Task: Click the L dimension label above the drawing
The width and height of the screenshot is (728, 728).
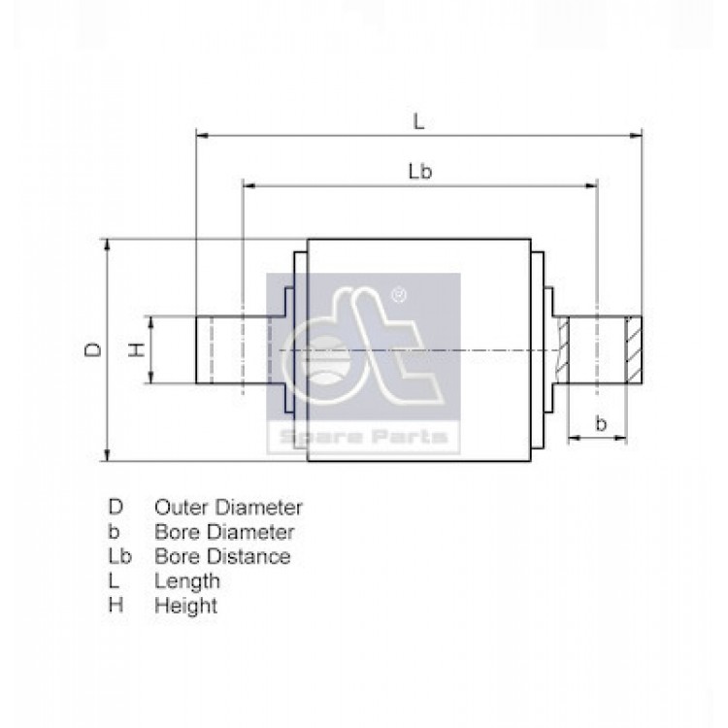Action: coord(418,122)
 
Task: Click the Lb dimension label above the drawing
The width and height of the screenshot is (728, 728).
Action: coord(420,172)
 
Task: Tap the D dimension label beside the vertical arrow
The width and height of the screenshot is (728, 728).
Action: coord(93,350)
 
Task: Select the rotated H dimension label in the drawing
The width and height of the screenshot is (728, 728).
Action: coord(137,350)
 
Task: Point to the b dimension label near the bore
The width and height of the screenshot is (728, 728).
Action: coord(601,423)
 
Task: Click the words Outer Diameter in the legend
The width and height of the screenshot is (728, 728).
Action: coord(228,508)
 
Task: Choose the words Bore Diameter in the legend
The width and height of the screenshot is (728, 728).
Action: coord(225,532)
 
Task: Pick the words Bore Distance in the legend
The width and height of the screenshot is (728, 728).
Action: coord(223,556)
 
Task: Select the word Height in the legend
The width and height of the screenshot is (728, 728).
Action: coord(185,607)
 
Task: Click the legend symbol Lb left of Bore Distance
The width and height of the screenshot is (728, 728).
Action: coord(119,556)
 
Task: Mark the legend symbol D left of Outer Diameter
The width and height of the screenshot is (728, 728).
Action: coord(116,507)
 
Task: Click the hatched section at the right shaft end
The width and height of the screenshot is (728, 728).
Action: coord(634,350)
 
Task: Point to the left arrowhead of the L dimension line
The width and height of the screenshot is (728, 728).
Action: coord(203,136)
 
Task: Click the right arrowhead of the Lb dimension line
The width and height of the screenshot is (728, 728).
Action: coord(590,185)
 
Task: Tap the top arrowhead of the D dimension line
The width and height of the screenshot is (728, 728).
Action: coord(107,247)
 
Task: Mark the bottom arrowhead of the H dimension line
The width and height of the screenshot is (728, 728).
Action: coord(150,377)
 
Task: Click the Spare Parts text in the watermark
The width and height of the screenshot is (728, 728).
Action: coord(364,438)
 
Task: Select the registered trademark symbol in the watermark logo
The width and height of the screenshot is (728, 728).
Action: coord(399,295)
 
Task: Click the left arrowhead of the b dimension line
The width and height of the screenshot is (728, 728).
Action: coord(575,438)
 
